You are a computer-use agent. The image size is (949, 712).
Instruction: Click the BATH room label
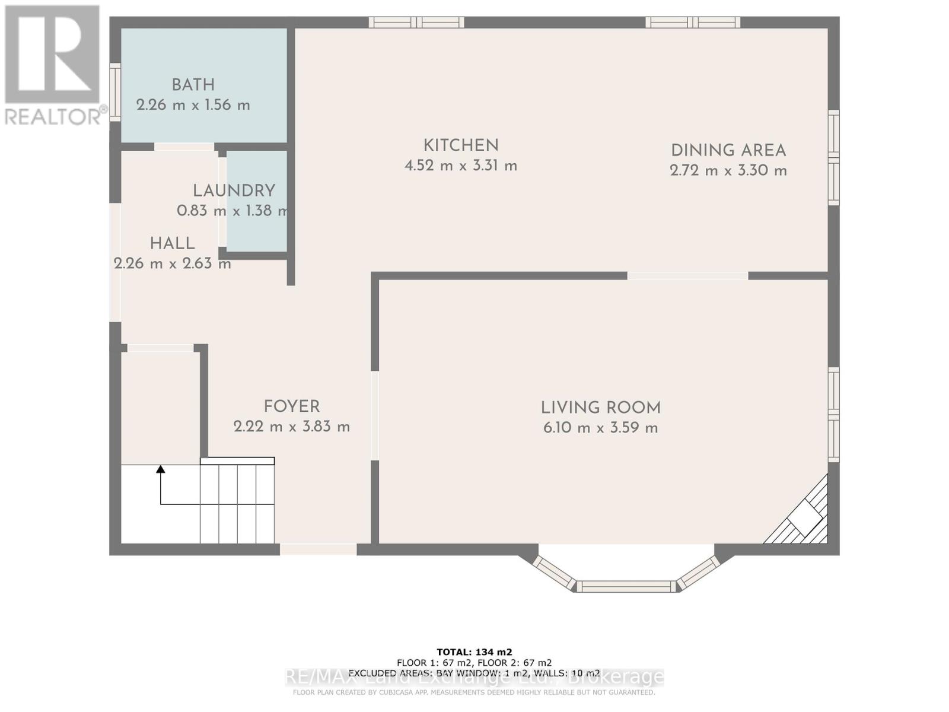point(193,85)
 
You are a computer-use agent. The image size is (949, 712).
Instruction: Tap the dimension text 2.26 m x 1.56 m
point(193,105)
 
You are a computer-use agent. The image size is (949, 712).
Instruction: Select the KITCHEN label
point(461,145)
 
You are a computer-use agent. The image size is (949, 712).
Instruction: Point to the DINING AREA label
point(728,151)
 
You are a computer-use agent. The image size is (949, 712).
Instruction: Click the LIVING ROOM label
point(600,408)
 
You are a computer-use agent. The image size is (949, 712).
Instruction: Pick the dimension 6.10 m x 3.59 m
point(600,428)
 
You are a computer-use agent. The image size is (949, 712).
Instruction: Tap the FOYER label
point(291,407)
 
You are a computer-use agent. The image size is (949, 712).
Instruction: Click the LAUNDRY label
point(234,190)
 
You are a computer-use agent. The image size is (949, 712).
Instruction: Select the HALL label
point(172,243)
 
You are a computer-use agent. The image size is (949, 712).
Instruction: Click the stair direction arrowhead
point(160,469)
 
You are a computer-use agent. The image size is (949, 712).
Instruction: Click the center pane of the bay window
point(626,586)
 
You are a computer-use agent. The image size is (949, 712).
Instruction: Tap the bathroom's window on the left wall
point(115,92)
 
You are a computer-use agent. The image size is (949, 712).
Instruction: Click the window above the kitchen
point(416,23)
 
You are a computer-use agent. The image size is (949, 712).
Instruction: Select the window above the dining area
point(693,23)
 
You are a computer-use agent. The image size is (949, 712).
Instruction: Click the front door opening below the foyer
point(318,549)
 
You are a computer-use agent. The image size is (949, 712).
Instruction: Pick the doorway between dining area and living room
point(687,276)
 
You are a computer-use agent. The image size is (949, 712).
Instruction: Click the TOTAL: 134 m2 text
point(474,651)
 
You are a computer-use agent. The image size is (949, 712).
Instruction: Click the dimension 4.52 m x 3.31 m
point(461,166)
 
